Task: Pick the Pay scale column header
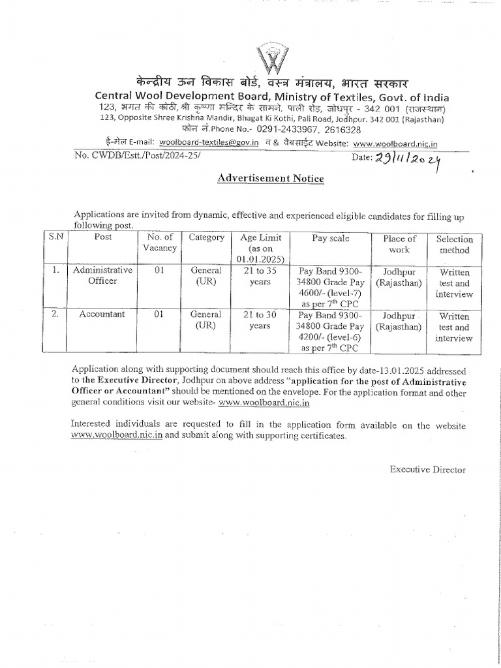[331, 239]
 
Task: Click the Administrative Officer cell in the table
[102, 275]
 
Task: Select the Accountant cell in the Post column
[102, 314]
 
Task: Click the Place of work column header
[399, 245]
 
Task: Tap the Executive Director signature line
[428, 469]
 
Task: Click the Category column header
[206, 238]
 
